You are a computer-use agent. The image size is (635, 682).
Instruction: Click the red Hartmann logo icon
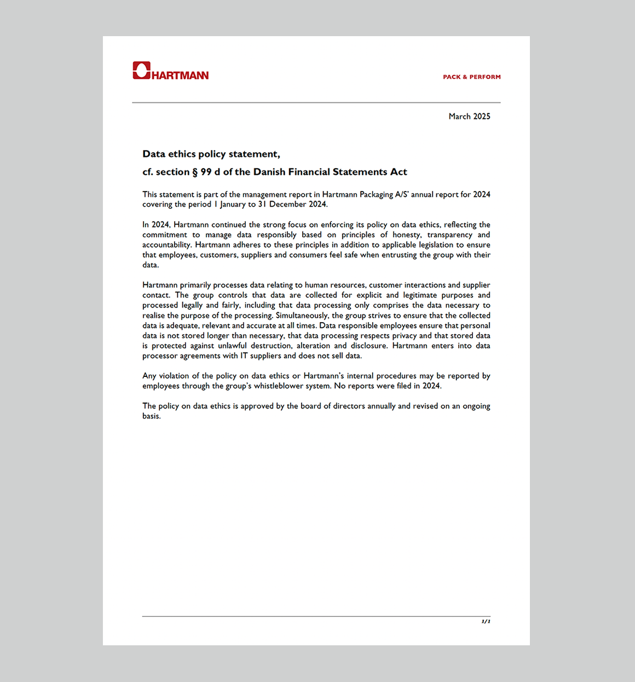(x=141, y=70)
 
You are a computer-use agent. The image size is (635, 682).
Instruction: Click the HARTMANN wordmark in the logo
(x=180, y=76)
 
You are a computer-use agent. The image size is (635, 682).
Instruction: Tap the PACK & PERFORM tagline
(x=471, y=77)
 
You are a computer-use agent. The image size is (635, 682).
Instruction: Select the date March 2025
(x=469, y=117)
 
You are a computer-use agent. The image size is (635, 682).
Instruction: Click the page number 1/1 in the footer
(x=486, y=621)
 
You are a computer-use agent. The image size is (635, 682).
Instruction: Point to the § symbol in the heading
(x=194, y=172)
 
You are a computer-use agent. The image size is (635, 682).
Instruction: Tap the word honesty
(x=407, y=235)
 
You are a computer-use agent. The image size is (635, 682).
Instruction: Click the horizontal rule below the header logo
(x=316, y=102)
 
